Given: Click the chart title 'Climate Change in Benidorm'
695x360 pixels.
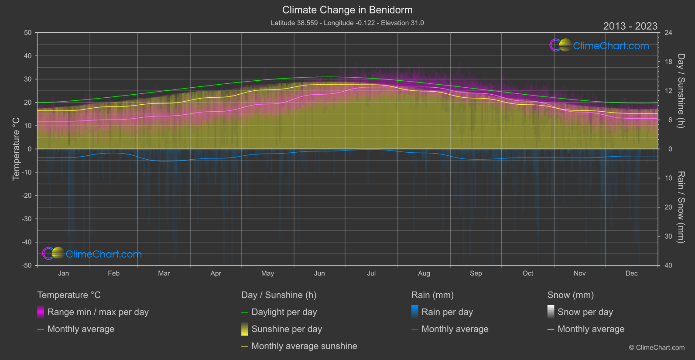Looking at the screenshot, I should click(x=347, y=10).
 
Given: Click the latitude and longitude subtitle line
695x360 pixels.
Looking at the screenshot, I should click(x=347, y=23).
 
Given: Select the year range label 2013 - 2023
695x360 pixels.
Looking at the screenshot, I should click(x=630, y=26).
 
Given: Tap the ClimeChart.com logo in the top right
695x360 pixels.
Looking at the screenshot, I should click(x=599, y=45).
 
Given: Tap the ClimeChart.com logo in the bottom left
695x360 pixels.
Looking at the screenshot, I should click(x=92, y=254).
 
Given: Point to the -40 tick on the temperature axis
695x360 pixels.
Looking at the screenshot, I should click(x=27, y=242).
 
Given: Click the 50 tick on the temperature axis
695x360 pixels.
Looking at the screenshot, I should click(x=28, y=33).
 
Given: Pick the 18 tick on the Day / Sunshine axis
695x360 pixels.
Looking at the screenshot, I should click(x=668, y=62).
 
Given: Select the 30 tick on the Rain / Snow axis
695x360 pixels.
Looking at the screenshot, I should click(x=668, y=237).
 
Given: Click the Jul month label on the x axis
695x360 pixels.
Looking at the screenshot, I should click(x=371, y=274).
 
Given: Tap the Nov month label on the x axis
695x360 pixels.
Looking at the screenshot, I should click(x=579, y=274).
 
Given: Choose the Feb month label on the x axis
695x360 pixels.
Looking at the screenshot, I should click(x=113, y=274).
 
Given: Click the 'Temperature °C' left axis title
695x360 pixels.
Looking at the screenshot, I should click(x=16, y=148).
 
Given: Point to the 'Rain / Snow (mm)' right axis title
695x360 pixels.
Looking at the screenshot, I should click(x=681, y=207).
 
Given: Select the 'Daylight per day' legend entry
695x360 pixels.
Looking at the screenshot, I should click(x=284, y=312).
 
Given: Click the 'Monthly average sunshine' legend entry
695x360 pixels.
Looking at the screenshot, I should click(x=304, y=346).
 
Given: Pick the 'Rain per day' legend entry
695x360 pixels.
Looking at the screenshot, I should click(x=447, y=312).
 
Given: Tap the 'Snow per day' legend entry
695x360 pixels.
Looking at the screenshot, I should click(x=585, y=312).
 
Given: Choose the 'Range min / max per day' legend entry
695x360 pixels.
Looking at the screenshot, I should click(x=98, y=312).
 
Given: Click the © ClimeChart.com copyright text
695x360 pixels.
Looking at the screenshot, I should click(x=657, y=348).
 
